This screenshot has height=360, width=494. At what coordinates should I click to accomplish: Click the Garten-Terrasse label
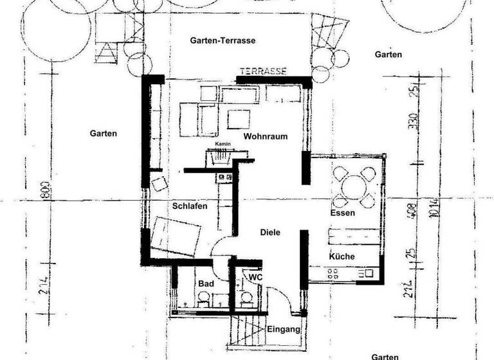pyautogui.click(x=223, y=40)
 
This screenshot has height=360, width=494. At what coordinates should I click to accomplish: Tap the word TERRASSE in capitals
pyautogui.click(x=262, y=71)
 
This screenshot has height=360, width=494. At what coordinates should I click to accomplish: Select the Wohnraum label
pyautogui.click(x=265, y=137)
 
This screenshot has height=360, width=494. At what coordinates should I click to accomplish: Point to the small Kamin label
pyautogui.click(x=223, y=144)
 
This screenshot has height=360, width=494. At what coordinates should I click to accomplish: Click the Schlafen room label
pyautogui.click(x=189, y=206)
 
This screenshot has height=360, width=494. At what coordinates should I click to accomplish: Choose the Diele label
pyautogui.click(x=270, y=233)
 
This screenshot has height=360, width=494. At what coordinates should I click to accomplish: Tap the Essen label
pyautogui.click(x=343, y=213)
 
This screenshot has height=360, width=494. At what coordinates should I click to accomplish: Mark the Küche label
pyautogui.click(x=342, y=256)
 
